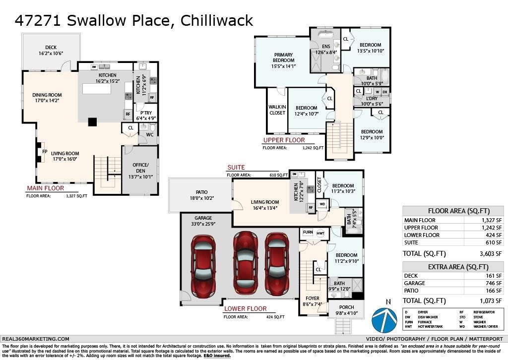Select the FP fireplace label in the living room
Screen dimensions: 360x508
pyautogui.click(x=44, y=152)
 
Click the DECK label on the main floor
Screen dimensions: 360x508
pyautogui.click(x=51, y=48)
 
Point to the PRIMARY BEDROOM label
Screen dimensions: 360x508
pyautogui.click(x=283, y=58)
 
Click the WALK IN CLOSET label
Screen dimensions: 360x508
pyautogui.click(x=277, y=110)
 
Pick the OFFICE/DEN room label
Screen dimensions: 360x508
pyautogui.click(x=140, y=168)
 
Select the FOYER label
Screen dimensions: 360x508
pyautogui.click(x=313, y=299)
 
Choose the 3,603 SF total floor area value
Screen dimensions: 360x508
pyautogui.click(x=492, y=253)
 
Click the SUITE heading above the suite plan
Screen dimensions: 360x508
pyautogui.click(x=236, y=168)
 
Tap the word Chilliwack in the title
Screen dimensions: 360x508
pyautogui.click(x=217, y=20)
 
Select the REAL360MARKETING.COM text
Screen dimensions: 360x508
pyautogui.click(x=36, y=339)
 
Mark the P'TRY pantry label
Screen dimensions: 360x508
pyautogui.click(x=147, y=113)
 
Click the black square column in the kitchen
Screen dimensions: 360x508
pyautogui.click(x=92, y=121)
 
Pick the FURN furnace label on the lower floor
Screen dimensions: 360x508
pyautogui.click(x=308, y=233)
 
